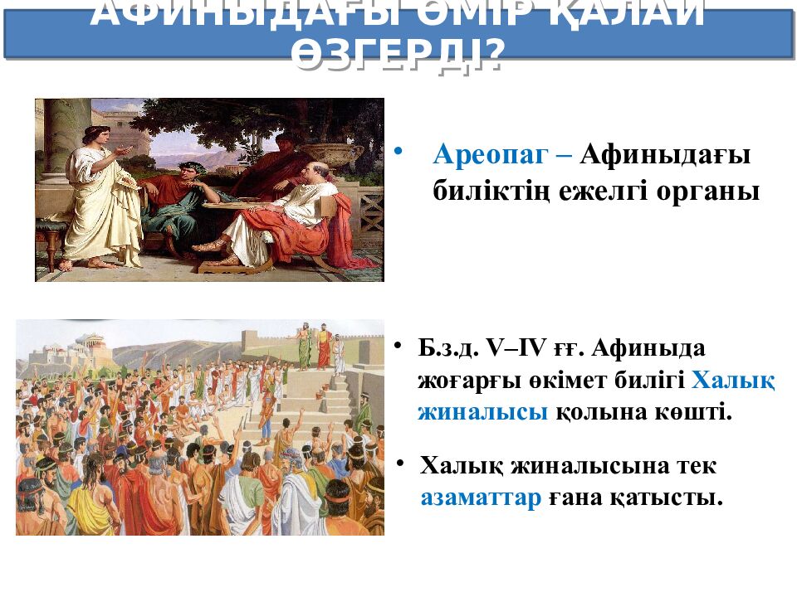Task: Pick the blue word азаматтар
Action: click(481, 498)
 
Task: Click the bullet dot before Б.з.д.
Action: click(398, 345)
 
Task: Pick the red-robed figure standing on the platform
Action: click(323, 347)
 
